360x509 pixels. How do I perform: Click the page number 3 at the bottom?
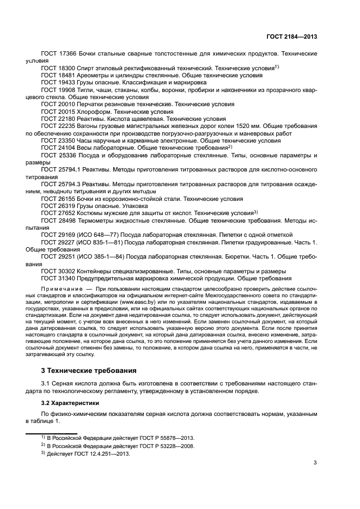[x=315, y=464]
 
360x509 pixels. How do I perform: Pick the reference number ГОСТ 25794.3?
[x=61, y=185]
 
